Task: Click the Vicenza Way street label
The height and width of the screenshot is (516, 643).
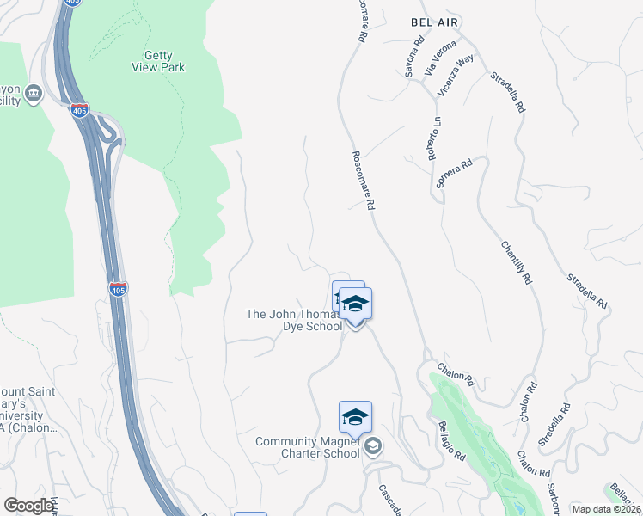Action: pyautogui.click(x=456, y=75)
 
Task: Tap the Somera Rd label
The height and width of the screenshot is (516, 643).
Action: pyautogui.click(x=455, y=175)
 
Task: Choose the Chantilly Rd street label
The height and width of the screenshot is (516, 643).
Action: pyautogui.click(x=517, y=262)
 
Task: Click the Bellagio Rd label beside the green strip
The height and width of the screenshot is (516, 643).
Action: pyautogui.click(x=452, y=440)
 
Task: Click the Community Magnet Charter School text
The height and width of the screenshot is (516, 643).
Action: pyautogui.click(x=307, y=447)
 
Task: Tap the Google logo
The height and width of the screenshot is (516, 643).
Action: pyautogui.click(x=29, y=505)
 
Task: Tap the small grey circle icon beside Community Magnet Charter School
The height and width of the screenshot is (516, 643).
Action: pyautogui.click(x=373, y=445)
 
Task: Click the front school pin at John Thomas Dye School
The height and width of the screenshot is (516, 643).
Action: pyautogui.click(x=355, y=305)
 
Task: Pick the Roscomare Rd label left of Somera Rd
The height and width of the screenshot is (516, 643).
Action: pyautogui.click(x=364, y=181)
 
